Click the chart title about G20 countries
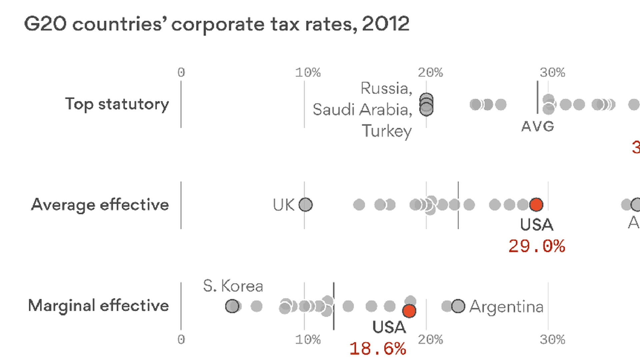tap(217, 24)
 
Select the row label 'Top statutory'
tap(117, 104)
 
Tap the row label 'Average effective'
tap(100, 204)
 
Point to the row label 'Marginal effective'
tap(99, 305)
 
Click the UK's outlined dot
tap(305, 204)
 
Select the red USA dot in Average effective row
tap(536, 204)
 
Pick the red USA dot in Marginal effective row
tap(409, 311)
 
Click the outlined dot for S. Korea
tap(232, 306)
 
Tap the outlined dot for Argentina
tap(458, 306)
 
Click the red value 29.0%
tap(537, 246)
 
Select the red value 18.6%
tap(378, 349)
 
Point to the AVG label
tap(537, 126)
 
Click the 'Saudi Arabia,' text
tap(362, 110)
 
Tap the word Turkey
tap(387, 131)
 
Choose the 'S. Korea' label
tap(233, 286)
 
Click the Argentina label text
tap(506, 307)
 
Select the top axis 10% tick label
tap(308, 72)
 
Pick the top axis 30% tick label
tap(552, 72)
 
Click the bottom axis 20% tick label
tap(430, 340)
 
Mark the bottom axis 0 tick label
tap(181, 340)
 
